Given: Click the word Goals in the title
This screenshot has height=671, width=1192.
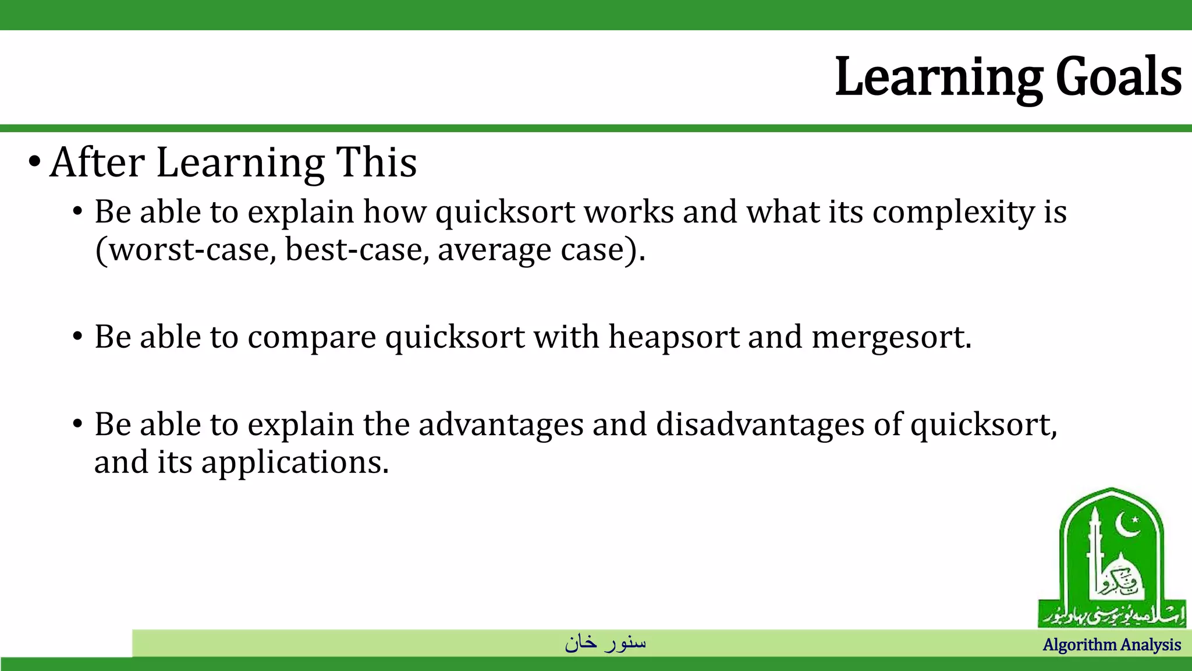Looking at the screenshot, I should point(1118,77).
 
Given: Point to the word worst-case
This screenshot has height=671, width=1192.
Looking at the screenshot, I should point(192,250).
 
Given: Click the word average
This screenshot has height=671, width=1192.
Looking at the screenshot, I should point(494,250).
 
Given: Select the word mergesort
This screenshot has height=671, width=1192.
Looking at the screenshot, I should point(890,337).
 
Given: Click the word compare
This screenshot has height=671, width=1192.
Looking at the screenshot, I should point(312,338).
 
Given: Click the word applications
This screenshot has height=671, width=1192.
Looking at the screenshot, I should point(294,463).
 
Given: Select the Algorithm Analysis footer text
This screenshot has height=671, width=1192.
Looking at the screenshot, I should point(1112,645).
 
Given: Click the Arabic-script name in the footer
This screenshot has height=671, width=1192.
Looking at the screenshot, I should point(605,642).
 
